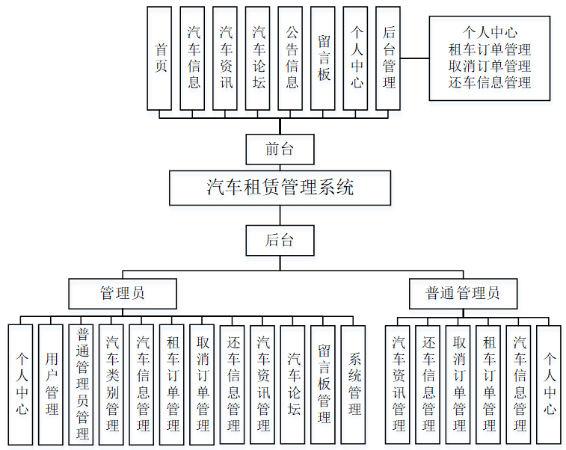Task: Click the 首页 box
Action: pos(159,58)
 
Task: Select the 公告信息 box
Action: pos(290,58)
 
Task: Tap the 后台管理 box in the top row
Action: pos(388,58)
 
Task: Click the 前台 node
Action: pos(280,150)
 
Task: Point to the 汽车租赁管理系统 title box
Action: pos(280,188)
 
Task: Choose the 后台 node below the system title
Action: pos(280,241)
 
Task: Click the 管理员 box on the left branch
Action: pos(123,293)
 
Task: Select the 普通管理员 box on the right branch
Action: pos(463,293)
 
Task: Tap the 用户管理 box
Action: pos(51,384)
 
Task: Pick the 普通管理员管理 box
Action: pos(81,384)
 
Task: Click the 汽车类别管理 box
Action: pos(111,384)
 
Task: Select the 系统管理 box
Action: pos(354,384)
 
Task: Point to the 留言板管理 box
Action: pos(323,384)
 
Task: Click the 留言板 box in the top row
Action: pos(323,58)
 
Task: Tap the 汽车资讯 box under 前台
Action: pos(225,58)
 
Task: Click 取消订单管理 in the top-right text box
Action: pos(490,66)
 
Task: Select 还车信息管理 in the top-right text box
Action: pos(490,82)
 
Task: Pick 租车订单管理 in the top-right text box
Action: pos(490,49)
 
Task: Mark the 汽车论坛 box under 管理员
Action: pos(293,384)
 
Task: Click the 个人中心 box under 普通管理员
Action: pos(549,384)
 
